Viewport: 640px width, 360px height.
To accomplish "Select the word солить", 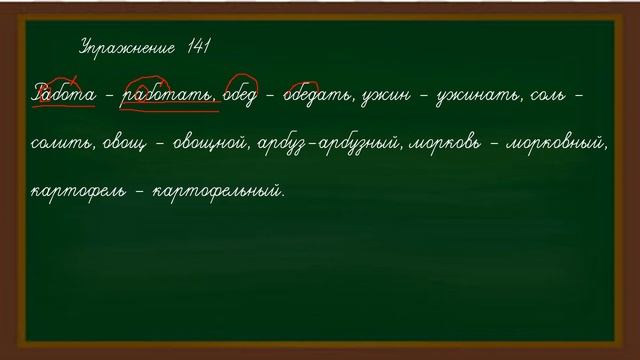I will [x=63, y=146].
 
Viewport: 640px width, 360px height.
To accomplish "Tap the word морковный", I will [x=561, y=146].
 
